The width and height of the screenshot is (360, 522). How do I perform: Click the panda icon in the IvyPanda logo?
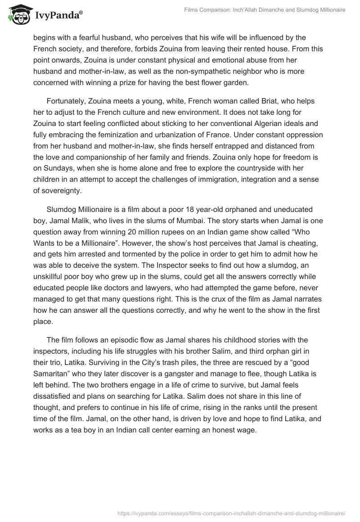point(17,14)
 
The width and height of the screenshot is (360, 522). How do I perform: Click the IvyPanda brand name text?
point(58,16)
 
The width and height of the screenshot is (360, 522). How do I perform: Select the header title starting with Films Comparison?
point(265,10)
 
